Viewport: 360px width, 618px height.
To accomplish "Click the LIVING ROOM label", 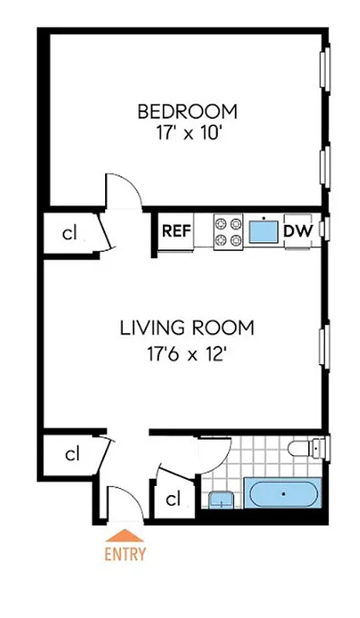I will pyautogui.click(x=186, y=328).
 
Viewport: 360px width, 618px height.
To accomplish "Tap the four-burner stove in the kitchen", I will pyautogui.click(x=228, y=231).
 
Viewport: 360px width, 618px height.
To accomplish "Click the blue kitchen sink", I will pyautogui.click(x=263, y=229).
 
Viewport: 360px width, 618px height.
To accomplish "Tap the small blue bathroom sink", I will pyautogui.click(x=221, y=501).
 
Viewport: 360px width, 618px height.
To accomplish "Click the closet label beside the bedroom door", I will pyautogui.click(x=69, y=233).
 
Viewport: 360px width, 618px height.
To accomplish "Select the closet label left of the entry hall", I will pyautogui.click(x=71, y=454).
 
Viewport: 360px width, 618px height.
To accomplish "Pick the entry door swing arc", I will pyautogui.click(x=124, y=502).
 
